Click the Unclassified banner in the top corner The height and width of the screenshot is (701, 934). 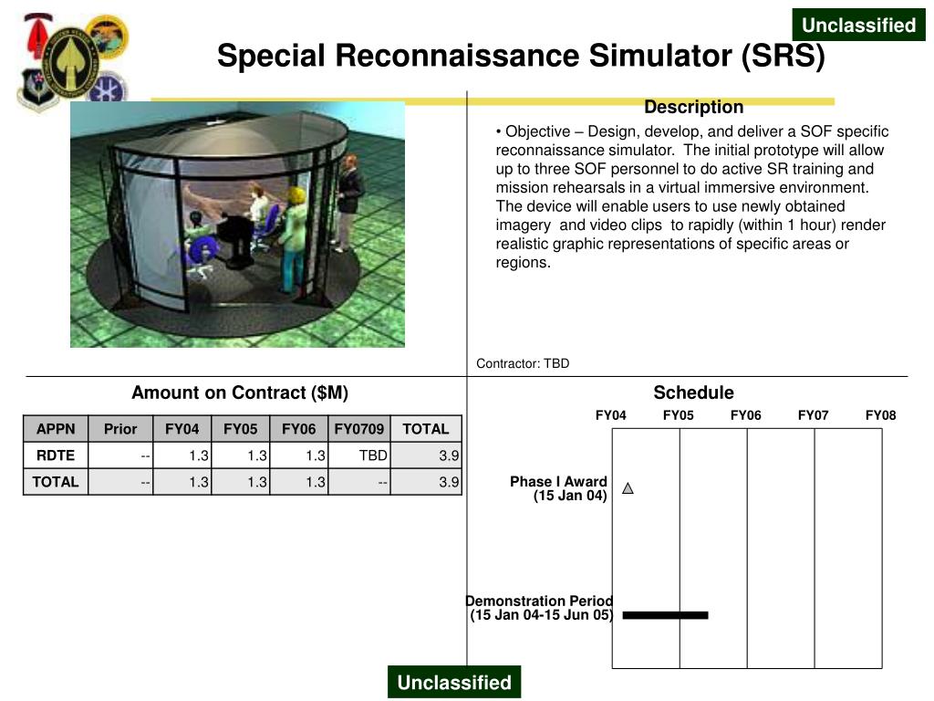(858, 26)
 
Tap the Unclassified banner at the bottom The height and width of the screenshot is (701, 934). (454, 683)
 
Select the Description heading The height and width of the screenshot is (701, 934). (693, 108)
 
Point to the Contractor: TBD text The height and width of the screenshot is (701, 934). (523, 363)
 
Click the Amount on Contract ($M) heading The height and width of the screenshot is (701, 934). (240, 393)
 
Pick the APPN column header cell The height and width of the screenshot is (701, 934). (56, 429)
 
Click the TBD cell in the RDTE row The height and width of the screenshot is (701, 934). (373, 455)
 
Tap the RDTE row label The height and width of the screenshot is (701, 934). (56, 455)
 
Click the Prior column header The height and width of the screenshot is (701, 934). (120, 429)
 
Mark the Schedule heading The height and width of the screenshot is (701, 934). (693, 393)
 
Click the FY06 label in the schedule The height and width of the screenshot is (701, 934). (746, 415)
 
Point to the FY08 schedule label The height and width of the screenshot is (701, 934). (881, 415)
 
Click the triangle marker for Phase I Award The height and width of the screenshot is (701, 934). (628, 488)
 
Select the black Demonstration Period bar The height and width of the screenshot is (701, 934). (665, 615)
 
